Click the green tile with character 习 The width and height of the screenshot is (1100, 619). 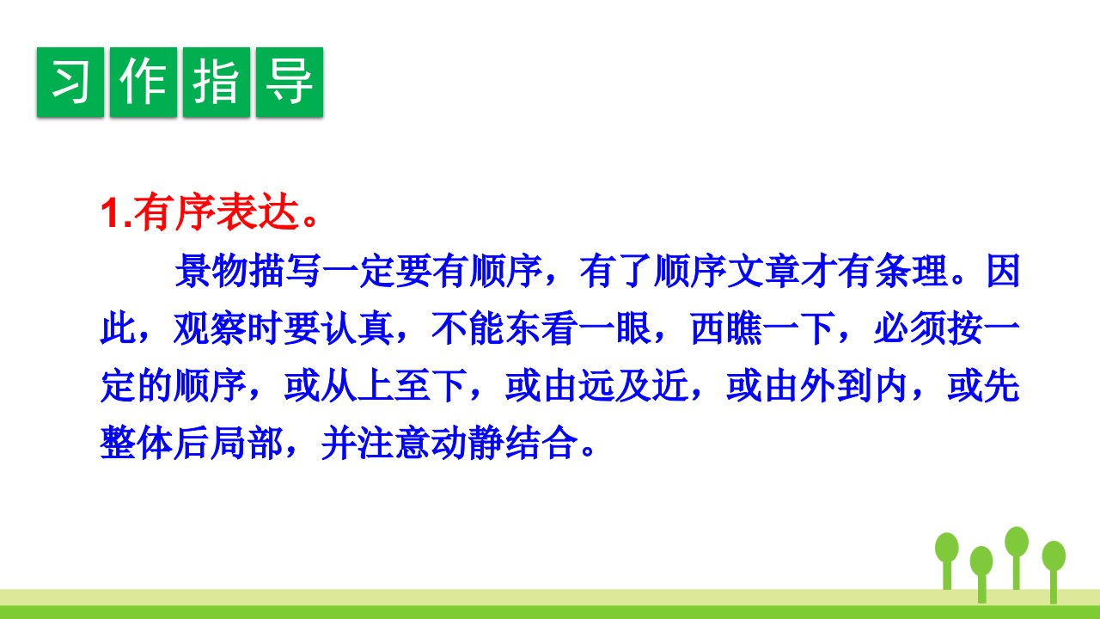pos(70,82)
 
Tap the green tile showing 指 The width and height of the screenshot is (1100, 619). pos(217,82)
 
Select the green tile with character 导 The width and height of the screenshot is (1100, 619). pos(290,82)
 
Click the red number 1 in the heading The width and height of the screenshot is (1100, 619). pos(111,214)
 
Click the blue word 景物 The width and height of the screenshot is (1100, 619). pos(211,271)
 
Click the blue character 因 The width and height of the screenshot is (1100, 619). pos(1003,271)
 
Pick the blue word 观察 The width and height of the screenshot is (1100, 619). pos(211,328)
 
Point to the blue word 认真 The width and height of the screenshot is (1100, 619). pos(357,328)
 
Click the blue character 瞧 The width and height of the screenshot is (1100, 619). pos(745,328)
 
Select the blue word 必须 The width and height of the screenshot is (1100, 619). pos(911,328)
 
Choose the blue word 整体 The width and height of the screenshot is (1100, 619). pos(137,444)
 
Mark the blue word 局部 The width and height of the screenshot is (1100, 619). pos(247,444)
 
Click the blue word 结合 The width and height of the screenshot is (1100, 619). pos(542,444)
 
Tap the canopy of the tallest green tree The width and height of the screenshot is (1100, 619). pos(1017,542)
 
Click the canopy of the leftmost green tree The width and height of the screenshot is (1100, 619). pos(947,548)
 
